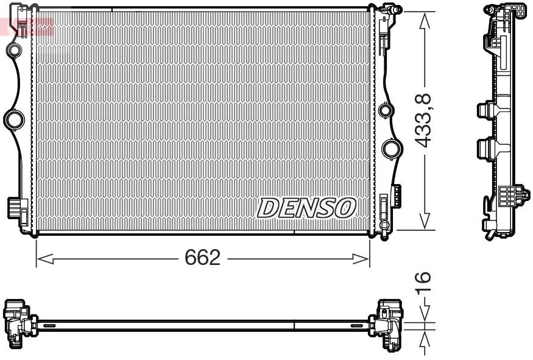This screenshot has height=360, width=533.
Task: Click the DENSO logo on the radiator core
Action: coord(306,208)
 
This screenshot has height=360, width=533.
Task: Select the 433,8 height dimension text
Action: coord(423,119)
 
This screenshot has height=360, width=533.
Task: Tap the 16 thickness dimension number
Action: coord(425,282)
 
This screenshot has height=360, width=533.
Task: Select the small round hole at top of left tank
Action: coord(14,49)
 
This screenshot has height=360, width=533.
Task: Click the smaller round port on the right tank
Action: coord(384,111)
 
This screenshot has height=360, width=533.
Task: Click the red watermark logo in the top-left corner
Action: coord(27,26)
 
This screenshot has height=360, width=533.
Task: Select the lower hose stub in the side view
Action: coord(485,148)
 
